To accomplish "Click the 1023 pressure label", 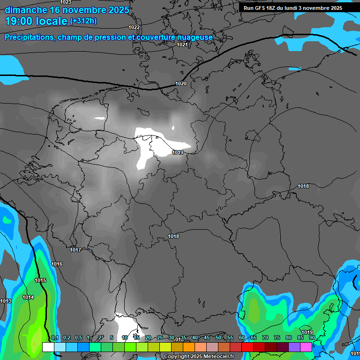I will [x=66, y=2].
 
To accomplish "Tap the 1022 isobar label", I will [x=134, y=28].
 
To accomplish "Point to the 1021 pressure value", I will [x=182, y=45].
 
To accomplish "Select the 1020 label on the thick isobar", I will [x=181, y=83].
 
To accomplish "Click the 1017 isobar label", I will [x=75, y=250].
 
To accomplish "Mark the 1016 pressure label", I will [x=57, y=264].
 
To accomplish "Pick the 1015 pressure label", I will [x=40, y=281].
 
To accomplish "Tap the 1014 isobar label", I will [x=28, y=298].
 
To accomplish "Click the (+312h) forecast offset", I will [x=83, y=21].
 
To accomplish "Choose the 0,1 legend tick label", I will [x=55, y=338].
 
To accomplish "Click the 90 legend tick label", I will [x=312, y=338].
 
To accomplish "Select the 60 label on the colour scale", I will [x=242, y=338].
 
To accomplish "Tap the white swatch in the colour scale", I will [x=48, y=347].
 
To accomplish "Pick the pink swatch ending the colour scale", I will [x=306, y=347].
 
